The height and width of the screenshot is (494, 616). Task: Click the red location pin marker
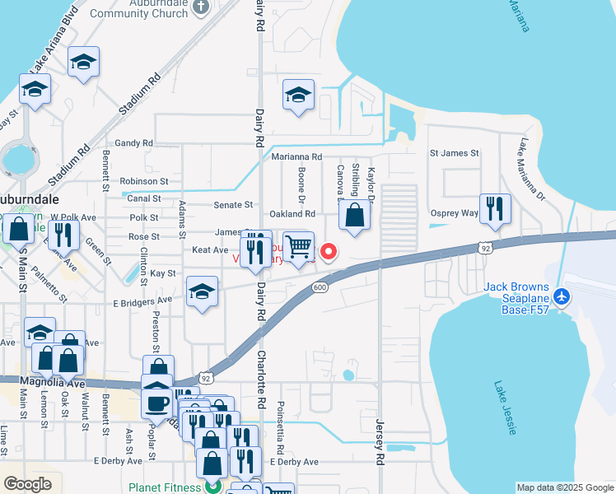pos(329,252)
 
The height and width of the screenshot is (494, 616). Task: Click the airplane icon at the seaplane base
pos(562,296)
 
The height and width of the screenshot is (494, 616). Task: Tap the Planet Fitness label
pos(165,487)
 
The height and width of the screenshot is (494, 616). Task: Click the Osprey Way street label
pos(455,213)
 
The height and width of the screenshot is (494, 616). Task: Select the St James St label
pos(454,153)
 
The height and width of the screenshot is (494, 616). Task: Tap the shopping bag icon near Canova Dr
pos(354,216)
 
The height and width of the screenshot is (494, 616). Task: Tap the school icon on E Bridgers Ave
pos(202,292)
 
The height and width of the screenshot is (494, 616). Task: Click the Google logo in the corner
pos(27,484)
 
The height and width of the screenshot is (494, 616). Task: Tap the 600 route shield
pos(320,287)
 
